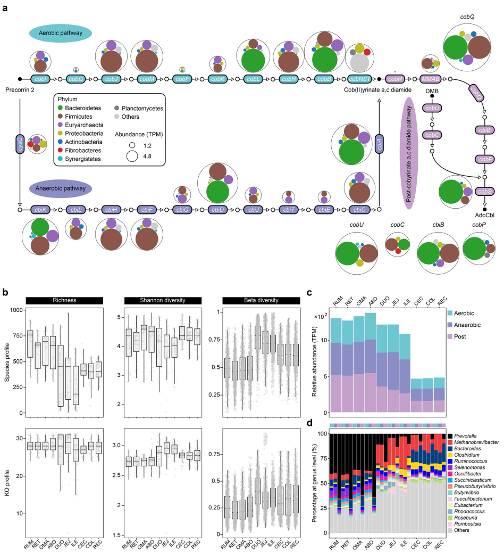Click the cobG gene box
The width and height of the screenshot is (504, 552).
[76, 79]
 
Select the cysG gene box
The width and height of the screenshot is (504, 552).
[20, 144]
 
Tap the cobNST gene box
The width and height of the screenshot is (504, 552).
[360, 79]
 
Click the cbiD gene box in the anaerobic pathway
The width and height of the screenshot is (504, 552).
[217, 210]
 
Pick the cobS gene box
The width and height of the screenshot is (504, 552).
[485, 192]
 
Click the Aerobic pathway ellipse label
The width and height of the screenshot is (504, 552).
[61, 33]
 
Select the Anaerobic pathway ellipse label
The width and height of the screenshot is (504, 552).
[61, 188]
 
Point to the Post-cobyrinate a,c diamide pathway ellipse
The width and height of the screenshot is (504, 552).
[408, 153]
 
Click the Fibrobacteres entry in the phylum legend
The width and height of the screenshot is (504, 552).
[80, 150]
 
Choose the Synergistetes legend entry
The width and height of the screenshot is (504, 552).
[79, 159]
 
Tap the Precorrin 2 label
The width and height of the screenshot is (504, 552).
[20, 90]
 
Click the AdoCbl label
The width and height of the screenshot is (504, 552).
[485, 215]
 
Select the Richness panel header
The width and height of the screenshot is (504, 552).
[64, 300]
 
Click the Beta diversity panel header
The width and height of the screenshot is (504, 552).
[262, 300]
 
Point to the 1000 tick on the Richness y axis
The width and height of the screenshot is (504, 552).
[16, 310]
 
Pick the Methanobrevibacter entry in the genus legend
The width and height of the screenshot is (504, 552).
[473, 442]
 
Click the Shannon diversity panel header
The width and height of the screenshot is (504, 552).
[163, 300]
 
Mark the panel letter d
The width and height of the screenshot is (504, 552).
[309, 423]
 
